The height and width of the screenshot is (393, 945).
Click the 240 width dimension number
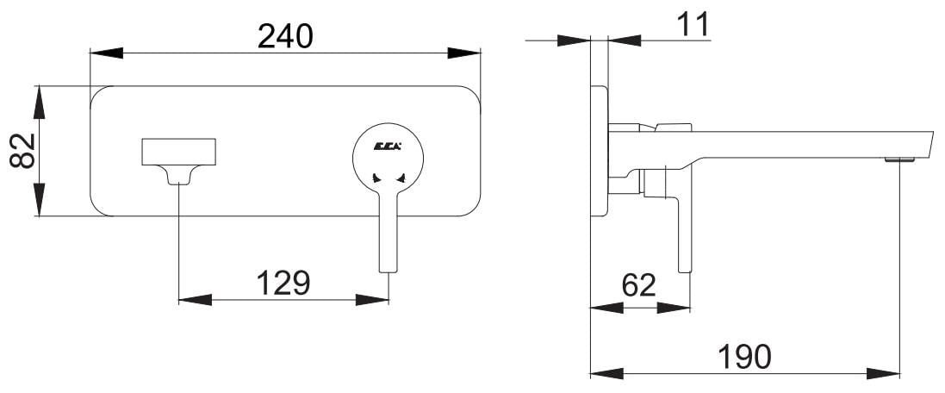click(x=285, y=36)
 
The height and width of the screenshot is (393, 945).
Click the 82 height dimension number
click(x=23, y=151)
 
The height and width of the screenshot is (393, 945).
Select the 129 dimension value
click(x=283, y=283)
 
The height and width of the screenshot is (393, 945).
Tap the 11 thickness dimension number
click(x=693, y=25)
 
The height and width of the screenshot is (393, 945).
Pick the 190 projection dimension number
click(x=745, y=358)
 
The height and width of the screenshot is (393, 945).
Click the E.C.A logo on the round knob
click(x=388, y=146)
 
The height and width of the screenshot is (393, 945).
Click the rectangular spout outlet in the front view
click(x=179, y=152)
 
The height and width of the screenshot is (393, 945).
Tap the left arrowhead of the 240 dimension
click(x=106, y=53)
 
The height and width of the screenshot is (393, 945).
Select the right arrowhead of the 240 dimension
click(x=464, y=53)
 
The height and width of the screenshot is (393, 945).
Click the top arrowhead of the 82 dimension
click(x=39, y=102)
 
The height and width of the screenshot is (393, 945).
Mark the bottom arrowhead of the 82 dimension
click(x=39, y=199)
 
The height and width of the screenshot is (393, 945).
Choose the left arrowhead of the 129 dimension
click(x=196, y=300)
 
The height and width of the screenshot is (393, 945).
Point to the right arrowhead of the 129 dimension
click(x=372, y=300)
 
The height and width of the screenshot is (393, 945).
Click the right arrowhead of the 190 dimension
click(x=883, y=374)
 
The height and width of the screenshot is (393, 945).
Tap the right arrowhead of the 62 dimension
click(x=674, y=308)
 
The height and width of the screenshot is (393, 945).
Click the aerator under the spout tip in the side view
click(x=899, y=159)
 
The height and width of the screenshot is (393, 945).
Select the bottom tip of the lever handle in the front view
click(x=389, y=272)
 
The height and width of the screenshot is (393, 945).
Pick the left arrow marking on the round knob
click(x=376, y=178)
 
